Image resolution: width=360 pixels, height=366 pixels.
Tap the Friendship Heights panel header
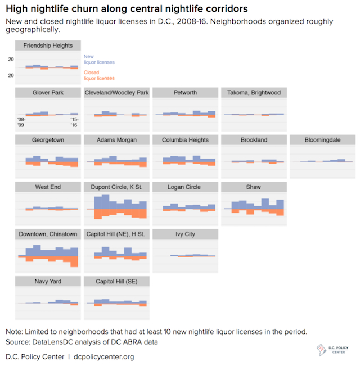48,46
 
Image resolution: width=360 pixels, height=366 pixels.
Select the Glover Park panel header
48,93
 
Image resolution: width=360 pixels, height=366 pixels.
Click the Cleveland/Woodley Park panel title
116,93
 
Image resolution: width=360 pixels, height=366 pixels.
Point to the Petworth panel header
185,93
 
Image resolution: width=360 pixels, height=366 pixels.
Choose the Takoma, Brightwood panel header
254,93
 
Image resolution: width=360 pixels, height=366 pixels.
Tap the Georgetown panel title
48,140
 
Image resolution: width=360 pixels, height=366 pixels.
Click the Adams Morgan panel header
116,140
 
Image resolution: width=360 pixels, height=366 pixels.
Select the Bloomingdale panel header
322,140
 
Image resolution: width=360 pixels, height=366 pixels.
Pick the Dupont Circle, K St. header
116,187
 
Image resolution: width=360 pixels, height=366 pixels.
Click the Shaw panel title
254,187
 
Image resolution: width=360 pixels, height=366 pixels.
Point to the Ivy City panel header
185,234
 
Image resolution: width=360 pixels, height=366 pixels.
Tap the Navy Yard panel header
48,281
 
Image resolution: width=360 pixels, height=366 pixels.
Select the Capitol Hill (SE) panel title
116,281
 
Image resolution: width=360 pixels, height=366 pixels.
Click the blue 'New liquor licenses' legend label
96,59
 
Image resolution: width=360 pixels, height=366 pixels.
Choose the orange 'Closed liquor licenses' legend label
98,75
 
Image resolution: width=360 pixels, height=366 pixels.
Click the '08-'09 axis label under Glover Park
21,123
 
